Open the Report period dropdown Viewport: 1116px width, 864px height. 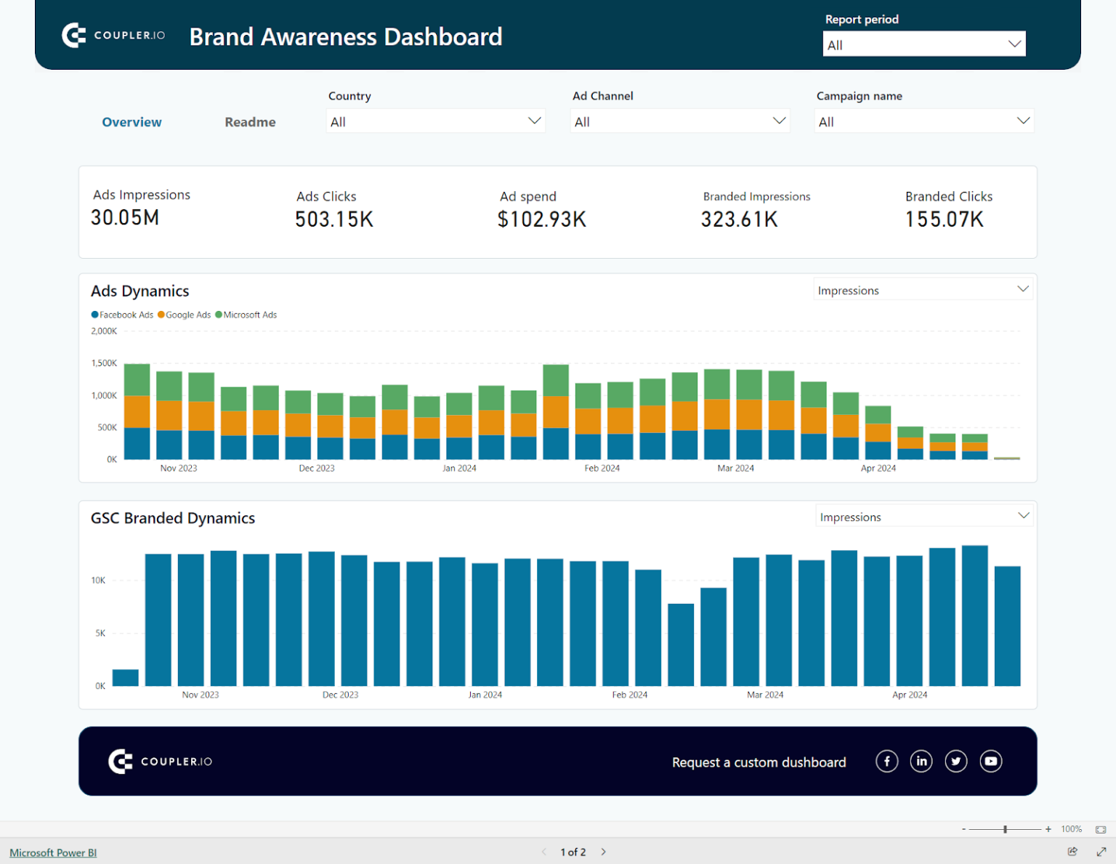point(923,44)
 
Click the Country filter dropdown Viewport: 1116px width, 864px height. point(435,121)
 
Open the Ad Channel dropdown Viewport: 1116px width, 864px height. point(679,121)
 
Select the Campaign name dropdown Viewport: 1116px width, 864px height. point(923,121)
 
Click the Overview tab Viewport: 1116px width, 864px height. point(132,122)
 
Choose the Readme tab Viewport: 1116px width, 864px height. point(250,122)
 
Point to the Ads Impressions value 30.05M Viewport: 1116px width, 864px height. point(125,217)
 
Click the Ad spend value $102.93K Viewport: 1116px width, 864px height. point(541,219)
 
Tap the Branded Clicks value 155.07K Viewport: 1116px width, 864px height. point(944,219)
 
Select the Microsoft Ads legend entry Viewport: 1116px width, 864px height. point(249,315)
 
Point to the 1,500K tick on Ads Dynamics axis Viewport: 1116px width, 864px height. point(104,363)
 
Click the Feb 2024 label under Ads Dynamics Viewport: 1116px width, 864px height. point(602,469)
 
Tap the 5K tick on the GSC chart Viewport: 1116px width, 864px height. point(100,634)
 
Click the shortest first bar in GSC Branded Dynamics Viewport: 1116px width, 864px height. point(126,677)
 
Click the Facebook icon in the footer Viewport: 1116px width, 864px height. point(886,761)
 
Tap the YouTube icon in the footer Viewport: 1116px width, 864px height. point(990,761)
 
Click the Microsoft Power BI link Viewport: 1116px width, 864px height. point(53,852)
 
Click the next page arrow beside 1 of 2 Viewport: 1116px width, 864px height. point(603,852)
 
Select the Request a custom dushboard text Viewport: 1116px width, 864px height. point(759,762)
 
